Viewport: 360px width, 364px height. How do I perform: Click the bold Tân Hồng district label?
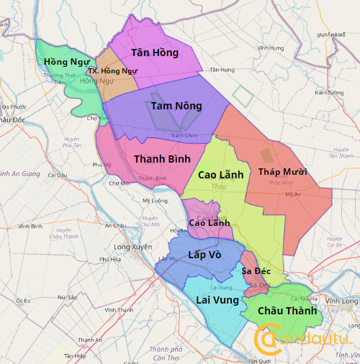pos(155,53)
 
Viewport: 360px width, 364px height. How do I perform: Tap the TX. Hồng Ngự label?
pos(112,71)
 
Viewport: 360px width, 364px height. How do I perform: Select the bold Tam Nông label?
pos(176,106)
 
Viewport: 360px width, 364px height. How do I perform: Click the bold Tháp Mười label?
pos(282,172)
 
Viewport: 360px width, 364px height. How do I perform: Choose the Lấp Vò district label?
pos(204,255)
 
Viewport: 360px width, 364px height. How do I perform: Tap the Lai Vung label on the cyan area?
pos(217,299)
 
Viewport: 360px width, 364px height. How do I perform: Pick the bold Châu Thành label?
pos(287,311)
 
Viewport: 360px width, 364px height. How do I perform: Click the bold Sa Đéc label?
pos(256,270)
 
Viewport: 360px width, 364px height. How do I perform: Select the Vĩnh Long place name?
pos(342,301)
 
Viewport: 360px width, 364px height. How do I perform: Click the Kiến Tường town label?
pos(330,92)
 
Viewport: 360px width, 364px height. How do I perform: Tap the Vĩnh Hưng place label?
pos(270,48)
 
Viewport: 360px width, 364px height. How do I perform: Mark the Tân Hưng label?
pos(222,70)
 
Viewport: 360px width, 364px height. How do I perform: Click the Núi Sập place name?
pos(68,296)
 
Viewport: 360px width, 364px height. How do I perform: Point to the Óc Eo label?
pos(23,300)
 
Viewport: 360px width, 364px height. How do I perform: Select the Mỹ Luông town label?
pos(155,201)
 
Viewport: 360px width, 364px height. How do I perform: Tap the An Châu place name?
pos(115,226)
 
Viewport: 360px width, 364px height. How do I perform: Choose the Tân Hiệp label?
pos(75,355)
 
